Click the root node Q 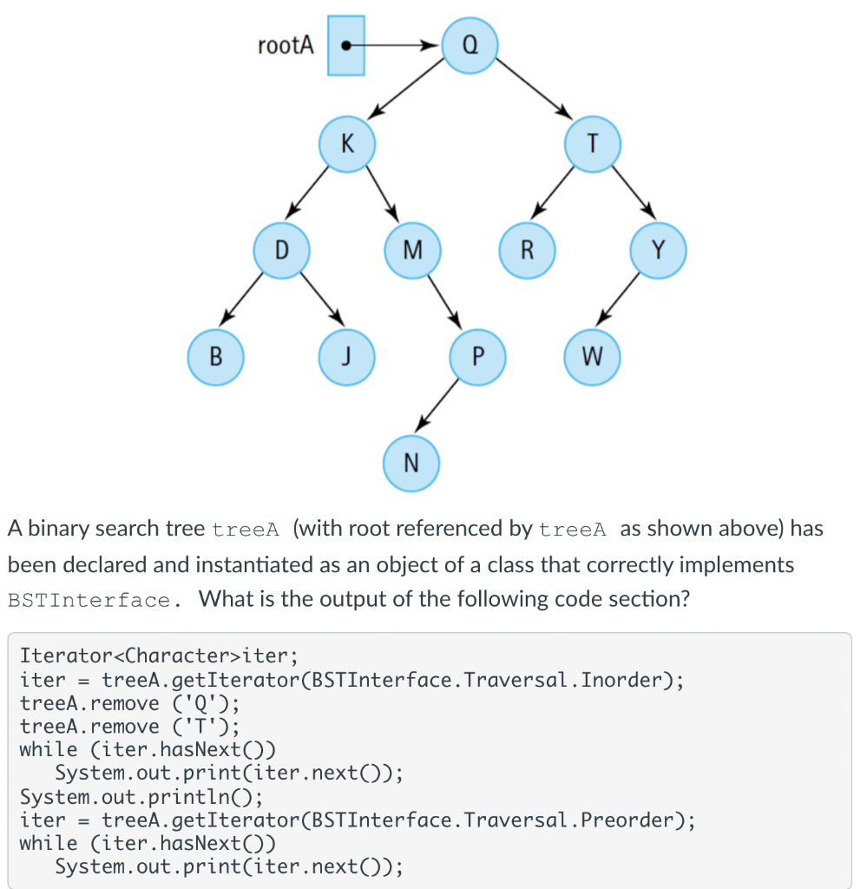tap(470, 44)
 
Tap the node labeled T tap(593, 144)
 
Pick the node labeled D tap(281, 251)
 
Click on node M tap(412, 251)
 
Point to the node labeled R tap(527, 251)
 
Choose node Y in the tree tap(658, 251)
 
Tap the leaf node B tap(216, 356)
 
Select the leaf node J tap(346, 356)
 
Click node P tap(477, 356)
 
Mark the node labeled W tap(593, 356)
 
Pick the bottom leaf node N tap(411, 462)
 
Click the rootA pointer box tap(346, 45)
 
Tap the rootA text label tap(286, 45)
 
